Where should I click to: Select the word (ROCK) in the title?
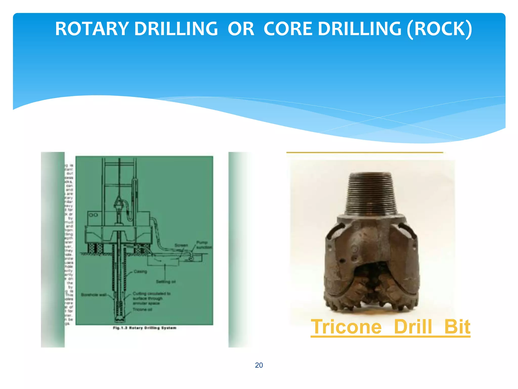(x=439, y=29)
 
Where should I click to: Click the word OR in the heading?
(x=241, y=29)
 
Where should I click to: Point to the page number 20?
(x=259, y=365)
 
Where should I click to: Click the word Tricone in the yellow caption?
(x=346, y=327)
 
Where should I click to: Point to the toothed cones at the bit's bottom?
(x=371, y=299)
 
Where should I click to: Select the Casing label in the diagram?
(x=140, y=271)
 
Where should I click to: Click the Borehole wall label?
(x=94, y=295)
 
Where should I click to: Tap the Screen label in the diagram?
(x=181, y=245)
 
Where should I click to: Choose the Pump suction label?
(x=204, y=245)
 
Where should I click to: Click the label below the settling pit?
(x=166, y=282)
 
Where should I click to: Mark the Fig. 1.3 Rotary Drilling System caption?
(x=144, y=328)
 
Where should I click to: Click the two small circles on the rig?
(x=93, y=215)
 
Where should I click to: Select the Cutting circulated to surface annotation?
(x=151, y=298)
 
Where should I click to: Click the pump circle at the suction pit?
(x=191, y=258)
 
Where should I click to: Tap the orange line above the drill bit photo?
(x=364, y=152)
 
